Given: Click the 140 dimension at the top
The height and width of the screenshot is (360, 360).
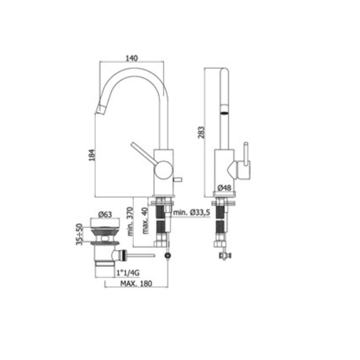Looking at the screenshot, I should [x=131, y=58].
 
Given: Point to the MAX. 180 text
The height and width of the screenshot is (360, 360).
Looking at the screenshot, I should [x=136, y=283].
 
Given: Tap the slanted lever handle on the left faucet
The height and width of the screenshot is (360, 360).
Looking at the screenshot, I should [x=142, y=152].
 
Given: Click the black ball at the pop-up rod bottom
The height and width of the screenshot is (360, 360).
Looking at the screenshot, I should [x=168, y=256].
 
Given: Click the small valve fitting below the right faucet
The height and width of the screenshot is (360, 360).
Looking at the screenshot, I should [x=223, y=256].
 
